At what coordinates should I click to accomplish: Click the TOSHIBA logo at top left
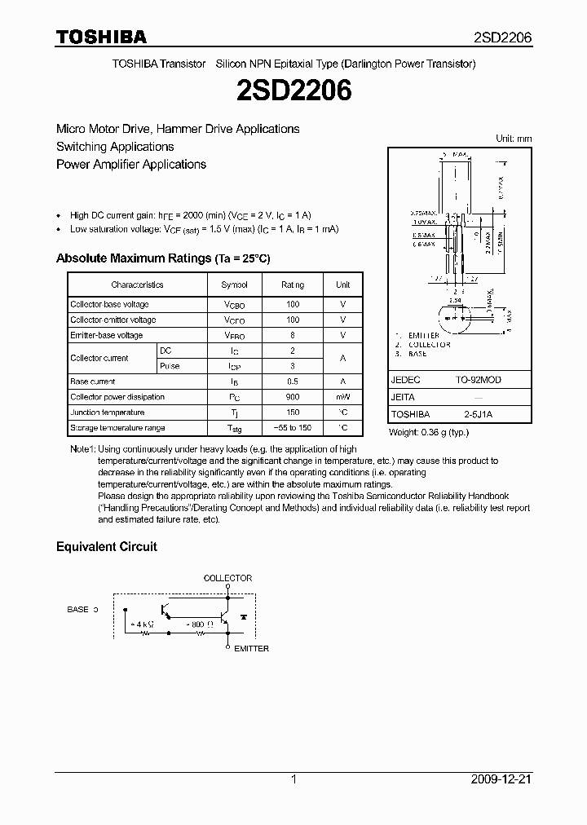[101, 37]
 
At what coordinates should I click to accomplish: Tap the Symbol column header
[234, 285]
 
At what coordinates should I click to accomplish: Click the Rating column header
[293, 285]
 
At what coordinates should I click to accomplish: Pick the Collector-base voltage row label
[109, 304]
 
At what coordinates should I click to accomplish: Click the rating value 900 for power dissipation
[293, 397]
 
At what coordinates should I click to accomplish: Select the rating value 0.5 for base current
[293, 382]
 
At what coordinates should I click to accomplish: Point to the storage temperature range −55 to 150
[293, 428]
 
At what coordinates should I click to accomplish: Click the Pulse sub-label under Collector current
[170, 366]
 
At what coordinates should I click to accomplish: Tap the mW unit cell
[342, 397]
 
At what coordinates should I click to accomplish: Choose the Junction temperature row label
[106, 412]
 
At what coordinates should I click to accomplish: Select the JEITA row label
[403, 397]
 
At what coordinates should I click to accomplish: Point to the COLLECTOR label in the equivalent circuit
[227, 578]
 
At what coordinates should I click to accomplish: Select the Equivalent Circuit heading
[106, 546]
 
